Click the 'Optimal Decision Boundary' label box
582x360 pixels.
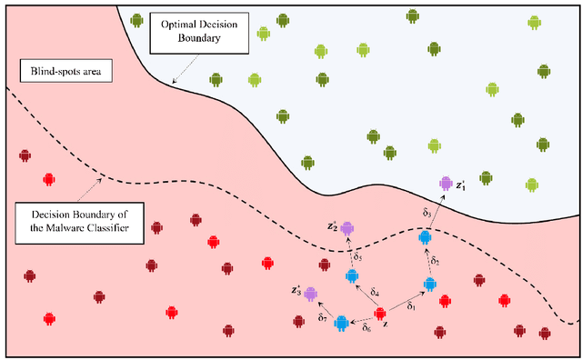point(193,32)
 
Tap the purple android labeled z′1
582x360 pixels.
point(445,184)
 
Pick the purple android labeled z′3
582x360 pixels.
point(311,294)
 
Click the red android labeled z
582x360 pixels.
point(381,315)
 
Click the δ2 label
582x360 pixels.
point(436,261)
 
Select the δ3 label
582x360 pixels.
point(428,212)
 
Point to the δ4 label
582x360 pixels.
point(376,292)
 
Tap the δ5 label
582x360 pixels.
point(358,258)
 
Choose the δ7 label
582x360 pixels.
point(323,317)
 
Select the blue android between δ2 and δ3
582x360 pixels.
point(425,237)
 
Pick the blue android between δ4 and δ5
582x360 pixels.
point(351,275)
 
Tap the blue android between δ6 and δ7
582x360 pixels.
point(341,322)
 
